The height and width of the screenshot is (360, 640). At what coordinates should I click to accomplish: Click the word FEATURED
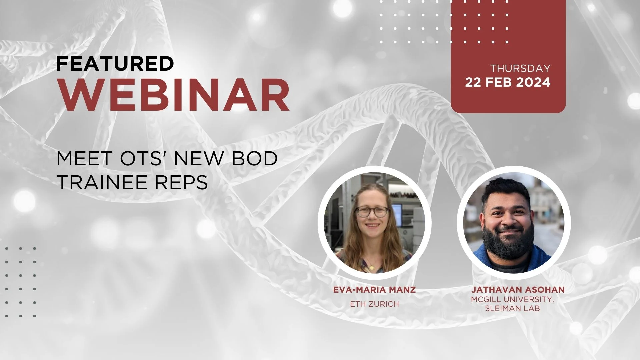coord(115,63)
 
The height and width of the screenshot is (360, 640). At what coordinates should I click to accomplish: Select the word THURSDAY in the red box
coord(520,68)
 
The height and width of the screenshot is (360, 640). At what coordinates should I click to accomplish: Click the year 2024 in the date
coord(533,82)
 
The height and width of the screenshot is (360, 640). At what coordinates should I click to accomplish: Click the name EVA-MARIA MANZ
coord(374,290)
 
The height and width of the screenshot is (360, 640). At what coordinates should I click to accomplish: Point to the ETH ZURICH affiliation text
coord(374,304)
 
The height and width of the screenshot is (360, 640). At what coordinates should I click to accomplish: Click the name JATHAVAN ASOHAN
coord(513,290)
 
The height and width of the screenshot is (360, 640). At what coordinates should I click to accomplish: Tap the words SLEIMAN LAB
coord(512,308)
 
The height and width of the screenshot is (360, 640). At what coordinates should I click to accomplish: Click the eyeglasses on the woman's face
coord(372,212)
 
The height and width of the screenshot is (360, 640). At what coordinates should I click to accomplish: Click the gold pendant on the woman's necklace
coord(371,267)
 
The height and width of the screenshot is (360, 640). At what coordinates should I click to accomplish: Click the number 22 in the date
coord(473,82)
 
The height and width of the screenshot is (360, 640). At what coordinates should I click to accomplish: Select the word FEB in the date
coord(498,82)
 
